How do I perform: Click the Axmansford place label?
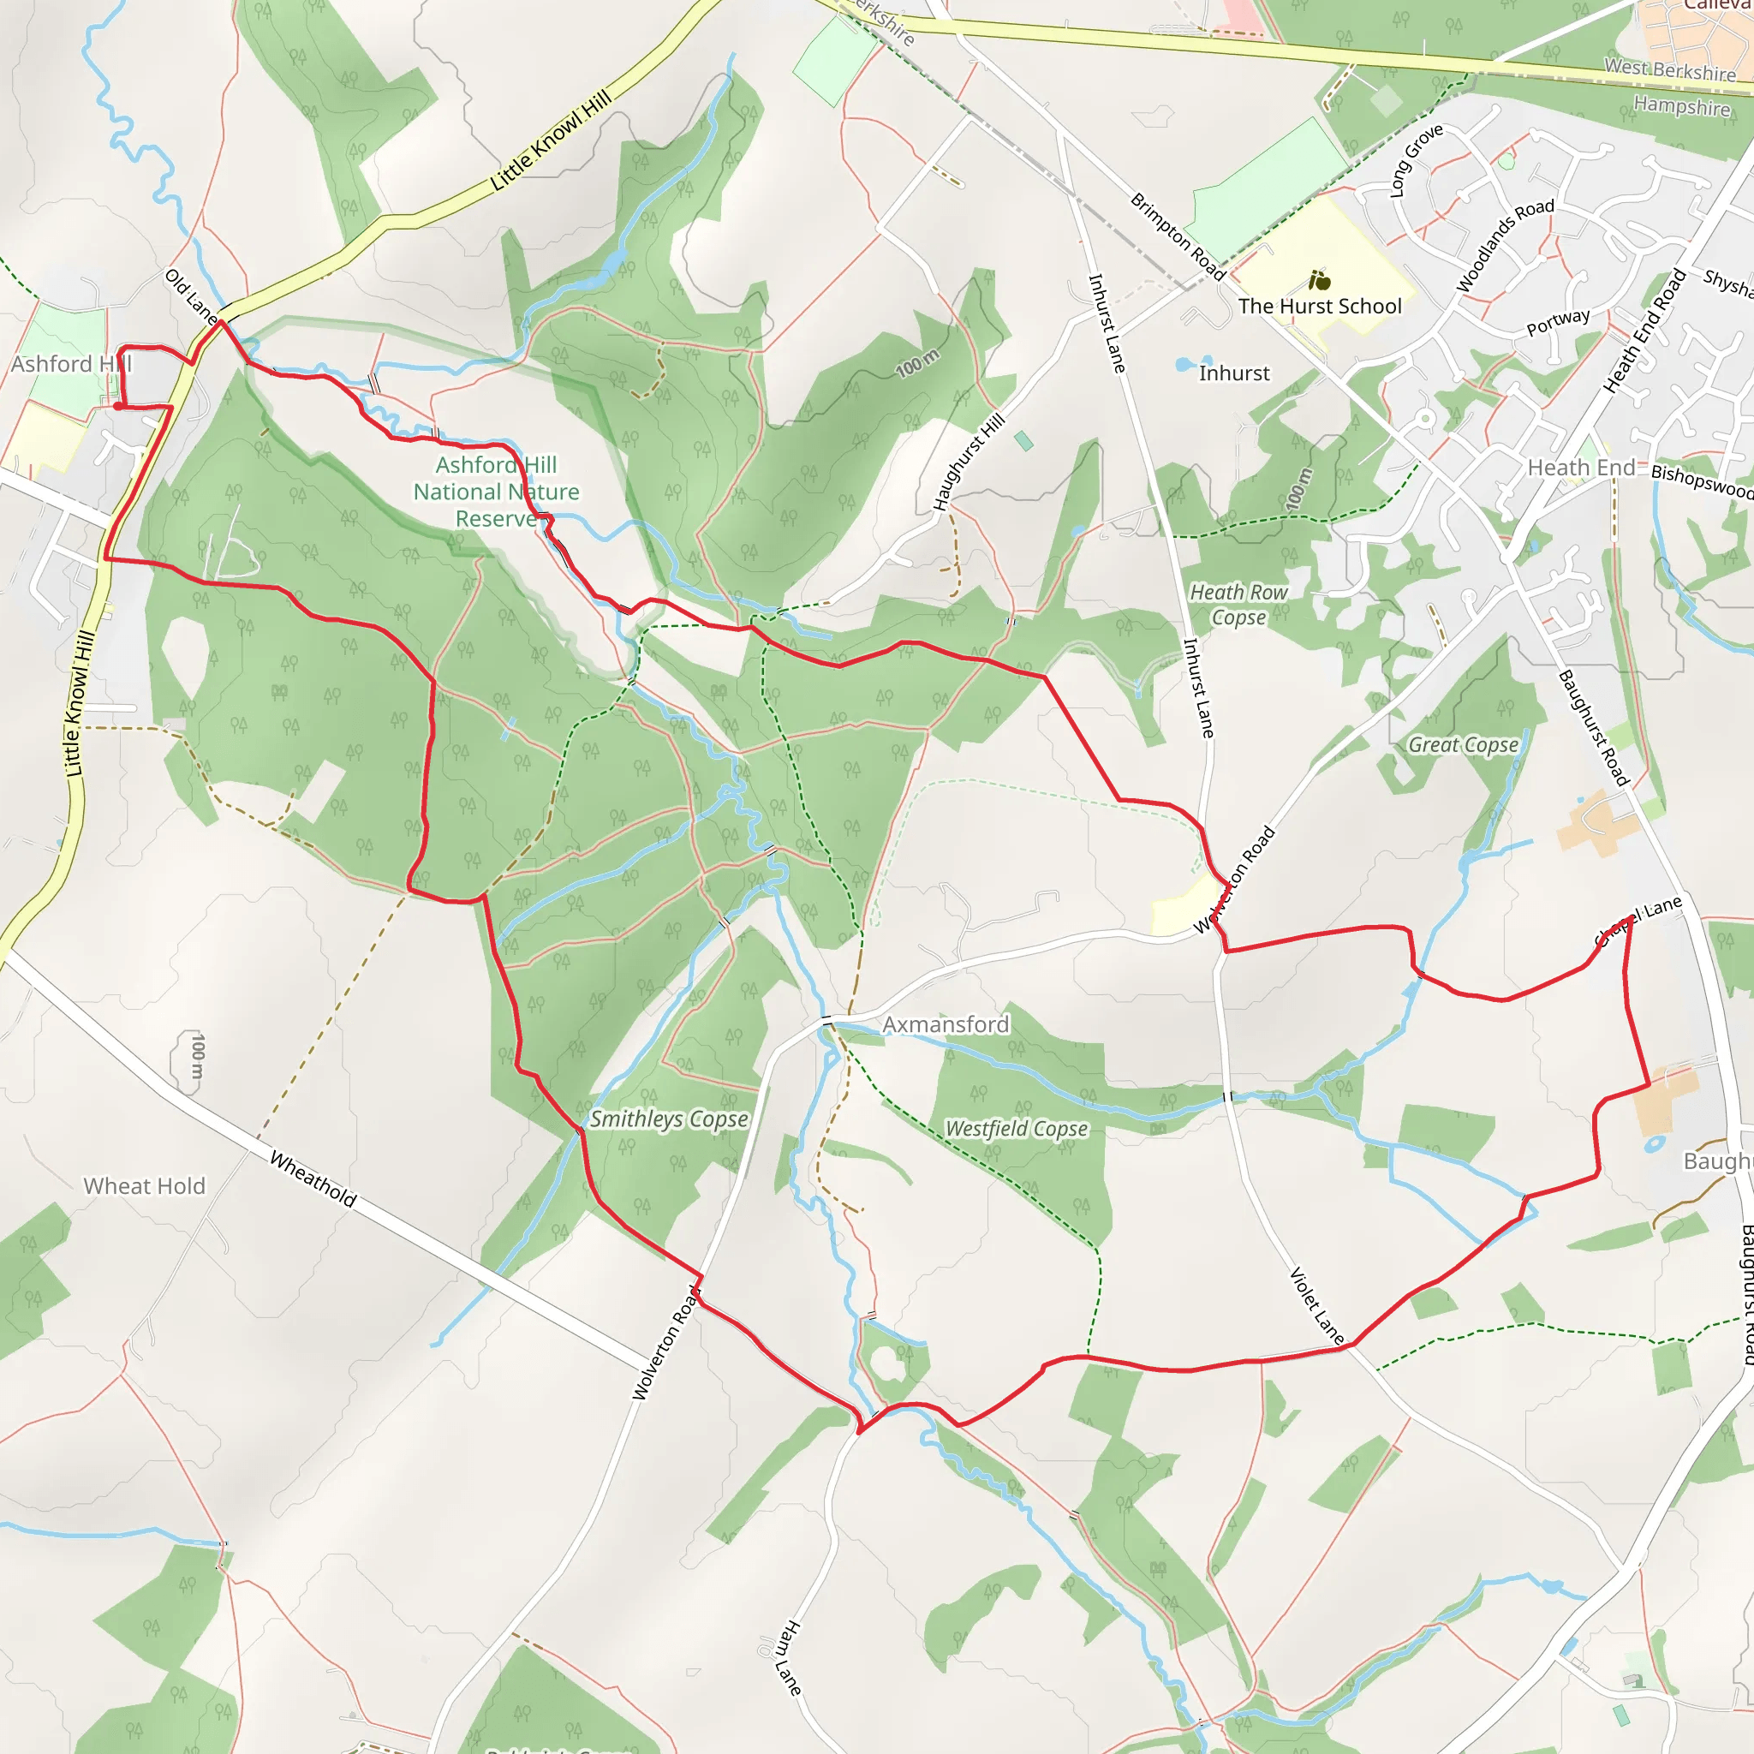click(946, 1025)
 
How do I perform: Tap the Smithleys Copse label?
click(668, 1119)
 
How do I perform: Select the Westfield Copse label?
click(1016, 1129)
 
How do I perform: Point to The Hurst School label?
click(1319, 307)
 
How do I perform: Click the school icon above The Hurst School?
click(1319, 281)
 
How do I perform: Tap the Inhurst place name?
click(1234, 374)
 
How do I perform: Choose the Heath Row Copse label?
click(1238, 605)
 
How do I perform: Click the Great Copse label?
click(1463, 745)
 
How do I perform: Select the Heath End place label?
click(1581, 468)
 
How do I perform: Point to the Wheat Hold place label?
click(145, 1186)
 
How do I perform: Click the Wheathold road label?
click(313, 1179)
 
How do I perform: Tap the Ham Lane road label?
click(782, 1657)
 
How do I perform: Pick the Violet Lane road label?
click(1316, 1305)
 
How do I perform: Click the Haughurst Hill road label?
click(969, 463)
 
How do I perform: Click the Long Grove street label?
click(1417, 161)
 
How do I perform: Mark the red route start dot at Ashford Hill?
click(118, 406)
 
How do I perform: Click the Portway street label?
click(1558, 322)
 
